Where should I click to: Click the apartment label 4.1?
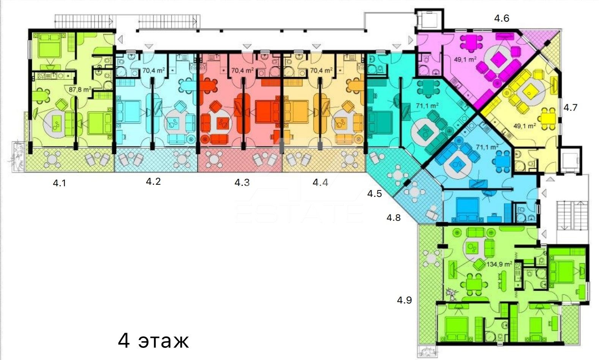[59, 183]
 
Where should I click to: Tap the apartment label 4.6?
[501, 18]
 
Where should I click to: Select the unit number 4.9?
[404, 300]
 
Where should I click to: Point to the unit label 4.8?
[393, 217]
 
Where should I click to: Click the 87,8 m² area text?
[80, 89]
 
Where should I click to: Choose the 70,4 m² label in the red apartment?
[242, 71]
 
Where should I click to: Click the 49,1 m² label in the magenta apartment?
[465, 59]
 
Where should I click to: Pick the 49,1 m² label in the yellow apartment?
[525, 126]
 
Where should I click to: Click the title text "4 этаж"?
[153, 341]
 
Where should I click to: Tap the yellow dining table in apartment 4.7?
[548, 118]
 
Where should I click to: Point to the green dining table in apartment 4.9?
[474, 284]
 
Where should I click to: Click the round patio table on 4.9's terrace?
[431, 258]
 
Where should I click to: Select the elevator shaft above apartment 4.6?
[429, 20]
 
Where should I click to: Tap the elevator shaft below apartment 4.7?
[570, 160]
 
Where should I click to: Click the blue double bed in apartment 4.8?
[467, 209]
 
